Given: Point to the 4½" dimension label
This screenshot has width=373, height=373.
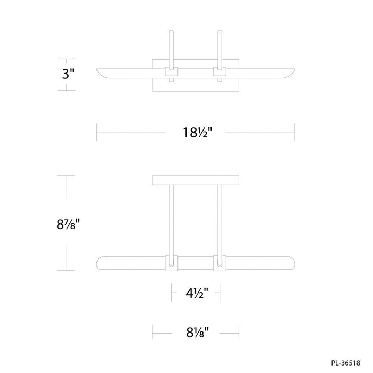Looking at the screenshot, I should point(195,293).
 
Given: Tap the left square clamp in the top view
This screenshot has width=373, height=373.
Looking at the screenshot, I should point(172,71).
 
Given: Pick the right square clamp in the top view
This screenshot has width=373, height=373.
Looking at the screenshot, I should point(220,71).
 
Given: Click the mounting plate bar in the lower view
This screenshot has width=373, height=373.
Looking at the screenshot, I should point(196,181).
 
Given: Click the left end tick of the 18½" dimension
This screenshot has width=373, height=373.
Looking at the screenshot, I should point(96,132).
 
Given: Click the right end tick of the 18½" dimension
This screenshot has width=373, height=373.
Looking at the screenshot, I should point(295,132).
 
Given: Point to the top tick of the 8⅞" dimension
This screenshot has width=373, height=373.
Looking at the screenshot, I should point(66,175).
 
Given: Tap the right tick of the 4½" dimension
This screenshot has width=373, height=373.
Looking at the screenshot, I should point(220,293).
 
